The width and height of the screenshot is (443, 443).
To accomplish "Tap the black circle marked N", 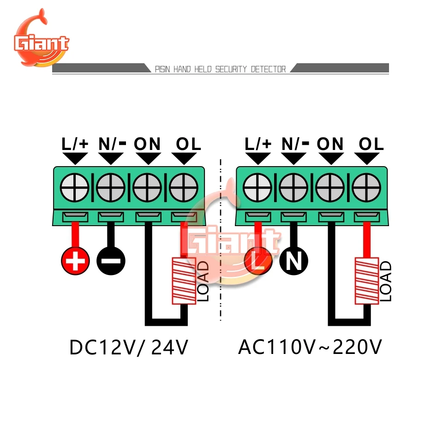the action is (x=293, y=262).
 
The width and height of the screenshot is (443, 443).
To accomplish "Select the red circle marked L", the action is (x=258, y=262).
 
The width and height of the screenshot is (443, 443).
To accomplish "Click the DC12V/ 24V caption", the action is (x=129, y=347).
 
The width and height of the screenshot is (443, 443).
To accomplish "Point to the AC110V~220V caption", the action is (x=310, y=347).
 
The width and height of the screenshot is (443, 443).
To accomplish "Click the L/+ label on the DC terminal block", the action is (x=75, y=144).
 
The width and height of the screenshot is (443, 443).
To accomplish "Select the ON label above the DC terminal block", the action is (x=147, y=144).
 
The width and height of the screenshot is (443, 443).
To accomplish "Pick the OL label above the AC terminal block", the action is (x=371, y=144).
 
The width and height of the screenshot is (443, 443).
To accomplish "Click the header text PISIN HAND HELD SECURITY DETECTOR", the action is (x=220, y=69).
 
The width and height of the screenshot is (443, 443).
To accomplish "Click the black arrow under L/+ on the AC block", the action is (x=257, y=159).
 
